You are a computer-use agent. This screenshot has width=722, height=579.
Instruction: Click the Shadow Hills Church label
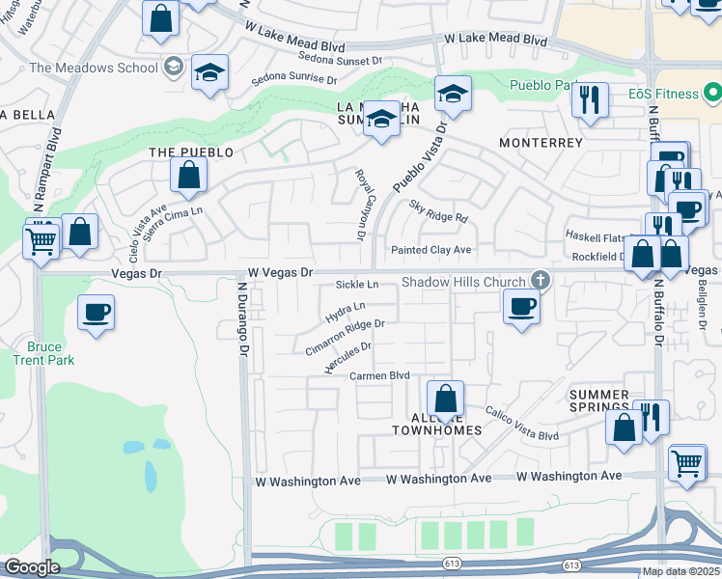[x=462, y=282]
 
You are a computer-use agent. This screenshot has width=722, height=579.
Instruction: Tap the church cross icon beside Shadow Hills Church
[x=541, y=282]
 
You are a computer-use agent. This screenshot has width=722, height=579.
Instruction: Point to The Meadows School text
[x=93, y=68]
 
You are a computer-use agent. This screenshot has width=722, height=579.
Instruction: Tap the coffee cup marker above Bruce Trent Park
[x=96, y=315]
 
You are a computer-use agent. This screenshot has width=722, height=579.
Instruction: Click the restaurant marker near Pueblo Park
[x=589, y=99]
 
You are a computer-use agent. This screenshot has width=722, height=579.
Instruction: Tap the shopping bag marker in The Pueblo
[x=188, y=176]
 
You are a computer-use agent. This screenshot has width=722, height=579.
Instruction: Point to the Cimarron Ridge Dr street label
[x=345, y=337]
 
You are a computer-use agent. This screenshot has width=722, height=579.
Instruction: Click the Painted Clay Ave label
[x=430, y=250]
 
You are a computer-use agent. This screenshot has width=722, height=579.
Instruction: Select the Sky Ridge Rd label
[x=437, y=211]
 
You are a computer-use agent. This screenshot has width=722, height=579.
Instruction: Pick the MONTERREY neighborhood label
[x=541, y=143]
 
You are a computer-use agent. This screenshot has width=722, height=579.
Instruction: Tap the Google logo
[x=32, y=567]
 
